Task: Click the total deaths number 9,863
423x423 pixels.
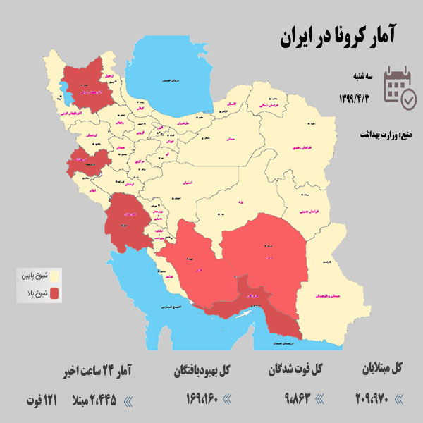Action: (x=284, y=400)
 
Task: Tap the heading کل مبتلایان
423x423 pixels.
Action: (x=381, y=368)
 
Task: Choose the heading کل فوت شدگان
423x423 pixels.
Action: (x=296, y=368)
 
